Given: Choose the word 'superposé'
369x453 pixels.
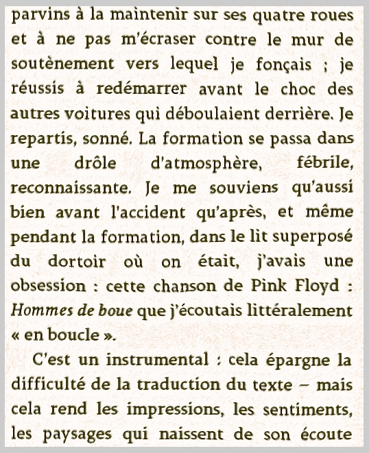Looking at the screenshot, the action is [316, 238].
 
